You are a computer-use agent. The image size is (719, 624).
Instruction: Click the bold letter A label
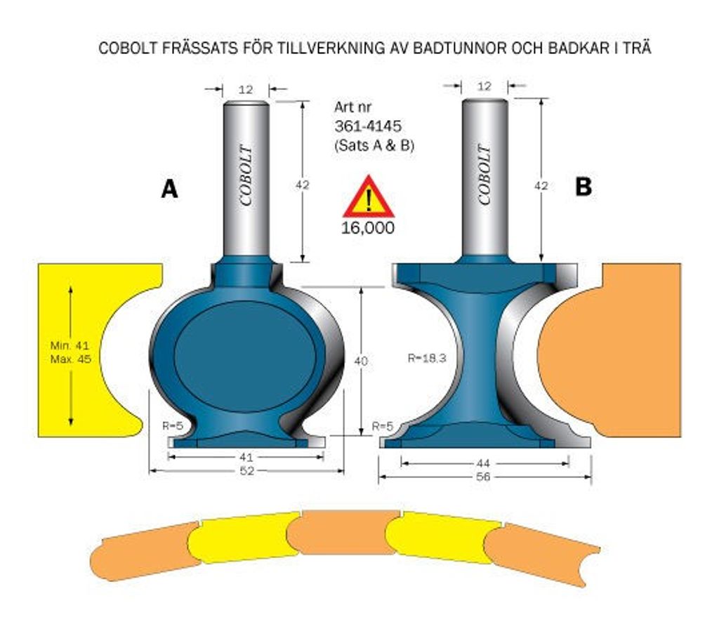tap(169, 188)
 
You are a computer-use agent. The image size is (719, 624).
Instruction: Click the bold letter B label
tap(583, 187)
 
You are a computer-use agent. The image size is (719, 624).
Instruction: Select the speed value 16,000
tap(368, 227)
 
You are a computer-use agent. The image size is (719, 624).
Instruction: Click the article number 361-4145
tap(368, 126)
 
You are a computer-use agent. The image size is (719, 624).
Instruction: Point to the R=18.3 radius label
tap(426, 358)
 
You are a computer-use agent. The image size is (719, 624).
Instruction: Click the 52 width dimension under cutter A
tap(246, 471)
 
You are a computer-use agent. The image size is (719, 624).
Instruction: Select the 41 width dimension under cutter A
tap(246, 457)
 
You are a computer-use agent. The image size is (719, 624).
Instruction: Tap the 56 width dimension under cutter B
tap(483, 477)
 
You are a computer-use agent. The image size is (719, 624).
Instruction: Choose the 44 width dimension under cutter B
tap(483, 463)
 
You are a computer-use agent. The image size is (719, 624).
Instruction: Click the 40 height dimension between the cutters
tap(361, 361)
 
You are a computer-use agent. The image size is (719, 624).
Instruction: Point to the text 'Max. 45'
tap(71, 359)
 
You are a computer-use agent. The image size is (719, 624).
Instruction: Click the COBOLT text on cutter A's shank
tap(246, 176)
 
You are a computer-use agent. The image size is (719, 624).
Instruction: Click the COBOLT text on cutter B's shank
tap(484, 174)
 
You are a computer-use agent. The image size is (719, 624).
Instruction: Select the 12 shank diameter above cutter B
tap(484, 86)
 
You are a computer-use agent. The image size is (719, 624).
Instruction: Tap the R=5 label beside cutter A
tap(173, 425)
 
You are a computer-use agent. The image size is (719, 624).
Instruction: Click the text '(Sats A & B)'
tap(374, 146)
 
